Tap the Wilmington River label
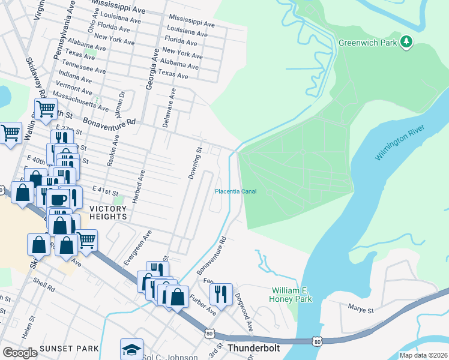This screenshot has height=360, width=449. (400, 143)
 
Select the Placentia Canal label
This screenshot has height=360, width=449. (236, 191)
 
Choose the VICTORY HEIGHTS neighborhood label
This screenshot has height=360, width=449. (108, 212)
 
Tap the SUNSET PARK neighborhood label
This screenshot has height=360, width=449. (64, 349)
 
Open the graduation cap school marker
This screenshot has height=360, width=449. (132, 349)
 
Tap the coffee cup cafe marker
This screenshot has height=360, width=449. (59, 199)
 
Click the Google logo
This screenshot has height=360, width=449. (20, 352)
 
